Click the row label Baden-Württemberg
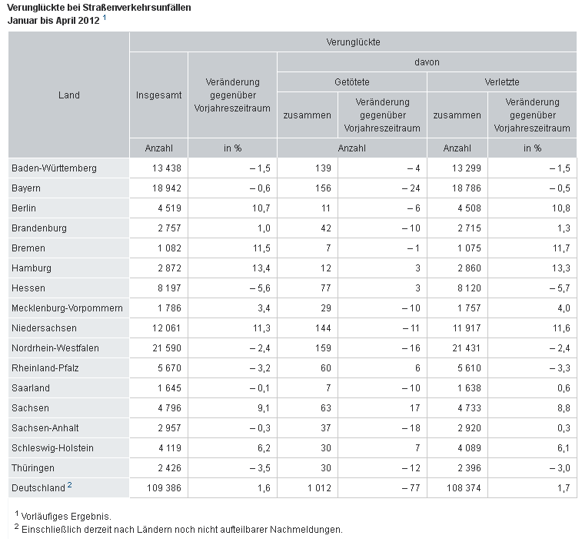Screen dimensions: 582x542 click(54, 168)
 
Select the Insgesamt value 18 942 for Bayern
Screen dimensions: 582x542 click(167, 188)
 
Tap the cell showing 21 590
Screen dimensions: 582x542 click(167, 348)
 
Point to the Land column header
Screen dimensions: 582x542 click(69, 95)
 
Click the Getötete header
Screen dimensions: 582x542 click(352, 82)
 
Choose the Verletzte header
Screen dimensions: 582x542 click(502, 82)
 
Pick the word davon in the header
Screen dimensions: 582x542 click(427, 62)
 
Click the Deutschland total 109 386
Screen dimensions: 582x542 click(164, 487)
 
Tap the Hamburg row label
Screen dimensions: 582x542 click(32, 268)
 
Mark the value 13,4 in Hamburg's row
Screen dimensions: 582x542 click(261, 268)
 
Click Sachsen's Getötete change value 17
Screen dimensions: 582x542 click(415, 408)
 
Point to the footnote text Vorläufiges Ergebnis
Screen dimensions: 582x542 click(66, 517)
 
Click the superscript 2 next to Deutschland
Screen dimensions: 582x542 click(69, 485)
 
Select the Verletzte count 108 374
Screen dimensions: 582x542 click(464, 487)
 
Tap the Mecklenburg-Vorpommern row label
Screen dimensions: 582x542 click(67, 308)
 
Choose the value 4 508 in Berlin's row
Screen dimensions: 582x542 click(469, 208)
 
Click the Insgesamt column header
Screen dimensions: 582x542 click(159, 95)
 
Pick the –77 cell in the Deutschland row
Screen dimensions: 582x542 click(411, 487)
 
